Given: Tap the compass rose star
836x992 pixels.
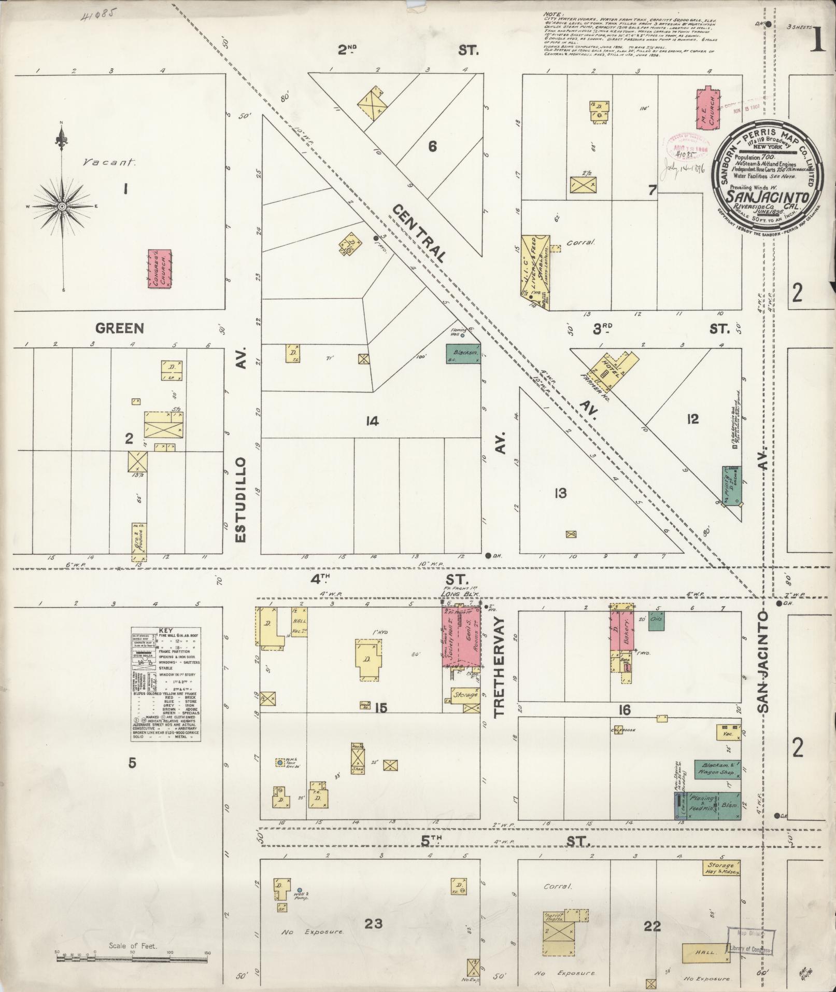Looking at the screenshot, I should pyautogui.click(x=62, y=206).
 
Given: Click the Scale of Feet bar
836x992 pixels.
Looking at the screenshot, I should pyautogui.click(x=133, y=952).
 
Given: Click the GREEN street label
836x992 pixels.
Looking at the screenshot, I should pyautogui.click(x=119, y=328).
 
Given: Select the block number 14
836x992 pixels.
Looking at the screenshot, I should pyautogui.click(x=372, y=421).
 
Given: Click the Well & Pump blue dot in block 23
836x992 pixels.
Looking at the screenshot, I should pyautogui.click(x=300, y=889).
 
